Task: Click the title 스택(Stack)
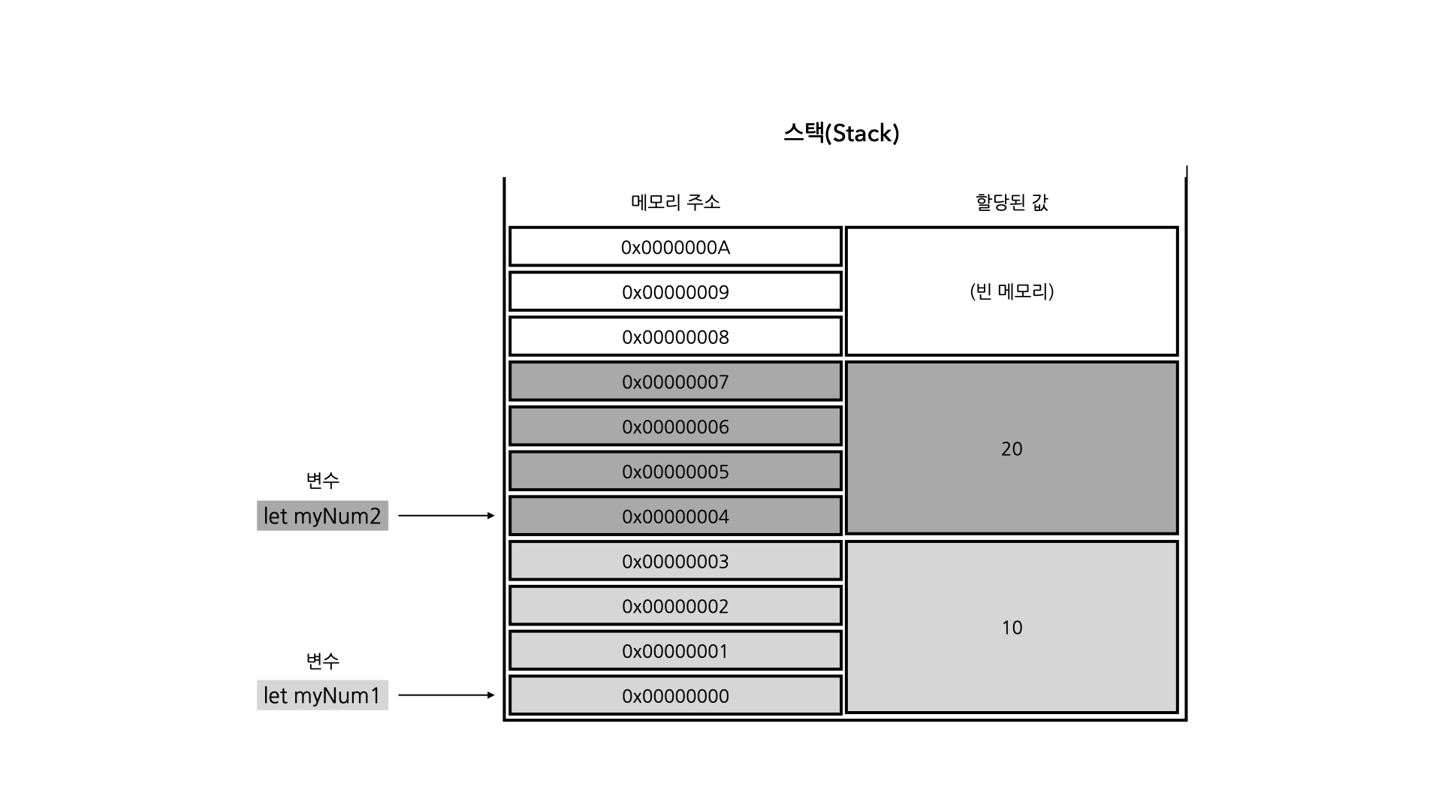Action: [x=841, y=134]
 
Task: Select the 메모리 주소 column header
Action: [x=675, y=202]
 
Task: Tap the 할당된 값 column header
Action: [x=1012, y=202]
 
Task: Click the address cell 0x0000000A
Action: [x=675, y=247]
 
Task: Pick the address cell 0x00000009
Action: [x=675, y=292]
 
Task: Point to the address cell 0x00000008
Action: [x=675, y=337]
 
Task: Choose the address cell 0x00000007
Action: [x=675, y=382]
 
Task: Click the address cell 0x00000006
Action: [x=675, y=427]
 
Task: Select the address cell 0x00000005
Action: [x=675, y=472]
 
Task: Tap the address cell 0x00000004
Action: [x=675, y=517]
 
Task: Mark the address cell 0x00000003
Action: [x=675, y=562]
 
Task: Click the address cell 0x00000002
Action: [x=675, y=606]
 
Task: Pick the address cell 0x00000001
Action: [x=675, y=651]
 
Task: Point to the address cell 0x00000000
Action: [x=675, y=696]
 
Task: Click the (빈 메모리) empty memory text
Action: [x=1012, y=291]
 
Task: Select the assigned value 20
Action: [x=1012, y=449]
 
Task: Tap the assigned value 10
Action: [x=1012, y=628]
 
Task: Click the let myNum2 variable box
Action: [x=322, y=516]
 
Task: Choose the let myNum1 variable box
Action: [x=322, y=695]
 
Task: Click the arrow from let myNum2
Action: [x=446, y=516]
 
